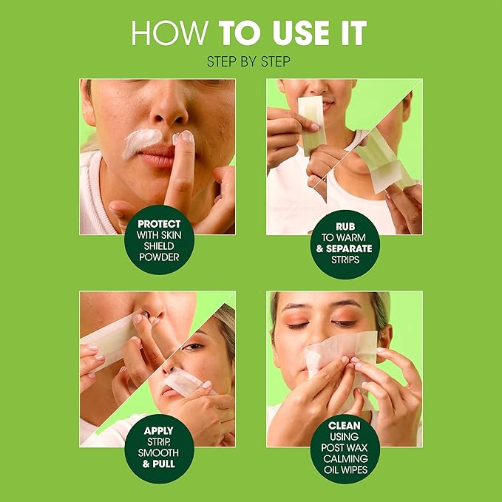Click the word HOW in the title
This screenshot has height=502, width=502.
pos(164,33)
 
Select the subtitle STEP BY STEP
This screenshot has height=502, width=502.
pos(250,62)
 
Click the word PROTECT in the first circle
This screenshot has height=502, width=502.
pos(159,223)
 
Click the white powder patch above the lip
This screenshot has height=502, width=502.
pos(140,140)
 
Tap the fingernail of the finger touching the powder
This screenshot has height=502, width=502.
pos(184,137)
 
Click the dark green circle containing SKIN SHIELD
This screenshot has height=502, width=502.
pos(159,241)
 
